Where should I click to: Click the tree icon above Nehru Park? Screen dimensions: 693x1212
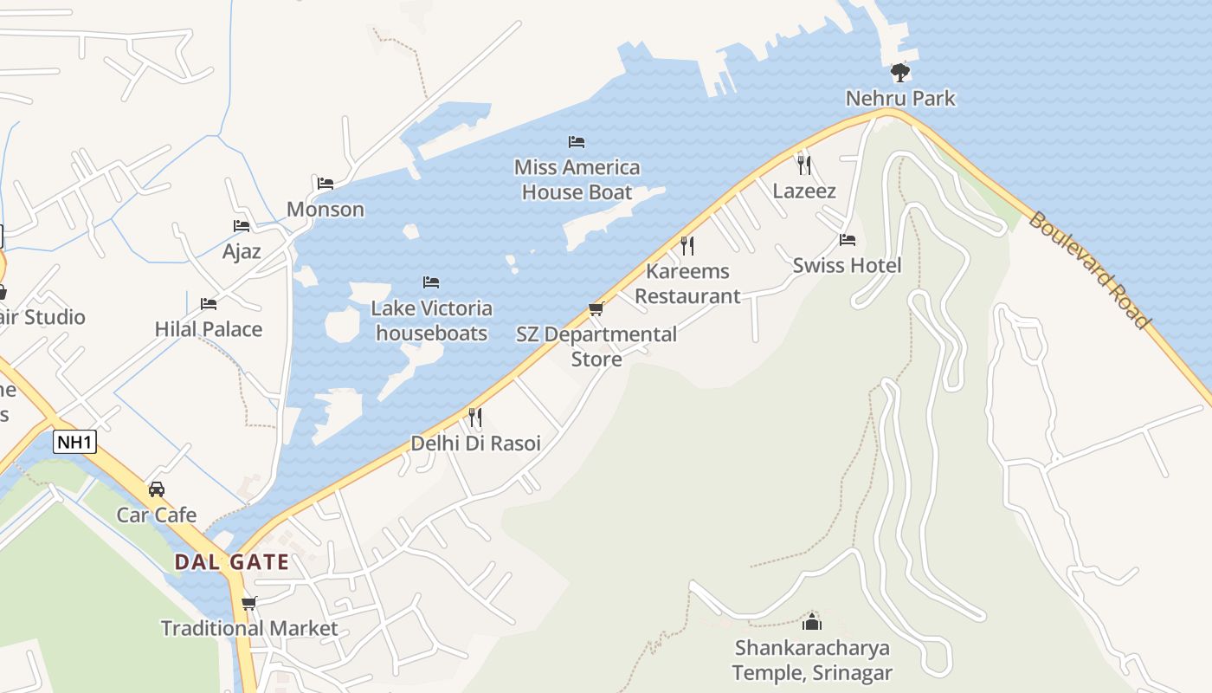[x=900, y=72]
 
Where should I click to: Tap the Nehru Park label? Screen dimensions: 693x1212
[x=900, y=98]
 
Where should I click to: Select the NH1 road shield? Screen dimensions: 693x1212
[x=74, y=442]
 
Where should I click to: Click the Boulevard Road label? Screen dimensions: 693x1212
[x=1089, y=269]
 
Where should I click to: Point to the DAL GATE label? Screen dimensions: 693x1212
[x=231, y=561]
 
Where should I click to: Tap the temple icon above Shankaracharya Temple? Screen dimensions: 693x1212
[x=812, y=621]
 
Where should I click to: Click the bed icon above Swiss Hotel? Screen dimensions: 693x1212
[x=848, y=240]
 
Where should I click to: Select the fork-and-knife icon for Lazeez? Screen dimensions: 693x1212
[x=804, y=165]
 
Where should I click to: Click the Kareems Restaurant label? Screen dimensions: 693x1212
[x=688, y=283]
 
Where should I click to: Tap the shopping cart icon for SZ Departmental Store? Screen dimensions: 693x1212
[x=596, y=308]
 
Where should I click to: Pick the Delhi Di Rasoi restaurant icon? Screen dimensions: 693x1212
[x=475, y=418]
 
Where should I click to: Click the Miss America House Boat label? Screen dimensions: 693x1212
[x=577, y=179]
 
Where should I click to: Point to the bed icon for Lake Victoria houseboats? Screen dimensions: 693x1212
[x=431, y=282]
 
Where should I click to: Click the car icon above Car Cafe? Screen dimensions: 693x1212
[x=157, y=489]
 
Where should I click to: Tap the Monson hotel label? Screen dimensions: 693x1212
[x=326, y=209]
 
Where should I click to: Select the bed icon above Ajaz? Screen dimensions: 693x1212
[x=242, y=226]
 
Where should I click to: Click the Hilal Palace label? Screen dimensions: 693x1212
[x=209, y=329]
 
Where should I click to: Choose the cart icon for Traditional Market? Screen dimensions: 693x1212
[x=249, y=603]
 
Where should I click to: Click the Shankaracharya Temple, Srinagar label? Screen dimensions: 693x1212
[x=812, y=660]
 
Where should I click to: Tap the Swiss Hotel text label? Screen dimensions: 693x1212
[x=847, y=265]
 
